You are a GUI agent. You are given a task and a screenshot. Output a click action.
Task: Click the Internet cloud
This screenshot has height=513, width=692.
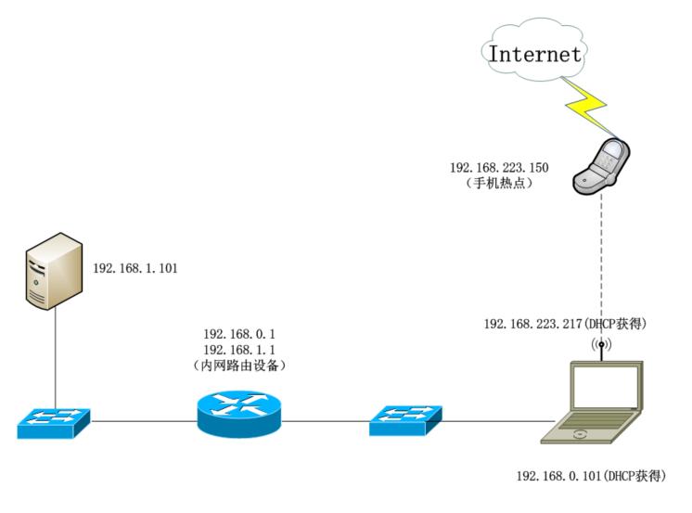[535, 53]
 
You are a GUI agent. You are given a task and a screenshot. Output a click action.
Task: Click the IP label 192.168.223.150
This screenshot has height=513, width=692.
[497, 168]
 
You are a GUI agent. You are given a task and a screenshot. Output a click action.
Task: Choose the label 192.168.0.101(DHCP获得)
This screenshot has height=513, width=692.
[592, 476]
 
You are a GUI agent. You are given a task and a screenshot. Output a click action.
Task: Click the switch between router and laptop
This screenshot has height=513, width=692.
[406, 421]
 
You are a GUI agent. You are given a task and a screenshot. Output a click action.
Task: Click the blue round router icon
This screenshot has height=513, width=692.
[238, 414]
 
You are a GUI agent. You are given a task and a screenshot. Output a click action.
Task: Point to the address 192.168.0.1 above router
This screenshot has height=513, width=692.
[240, 333]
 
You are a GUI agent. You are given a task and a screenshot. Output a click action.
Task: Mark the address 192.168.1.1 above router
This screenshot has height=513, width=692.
[240, 349]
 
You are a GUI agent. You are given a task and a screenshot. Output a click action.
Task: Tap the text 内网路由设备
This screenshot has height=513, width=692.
[240, 366]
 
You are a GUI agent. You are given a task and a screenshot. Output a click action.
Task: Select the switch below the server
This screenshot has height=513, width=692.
[54, 422]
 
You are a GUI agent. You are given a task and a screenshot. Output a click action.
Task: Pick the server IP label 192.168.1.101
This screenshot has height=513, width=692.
[135, 268]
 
